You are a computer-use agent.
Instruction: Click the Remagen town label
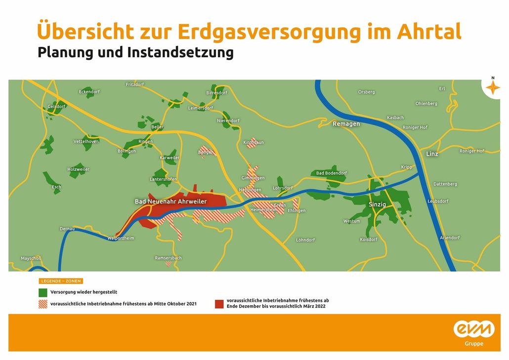pyautogui.click(x=346, y=124)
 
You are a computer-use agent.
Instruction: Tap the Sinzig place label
pyautogui.click(x=377, y=204)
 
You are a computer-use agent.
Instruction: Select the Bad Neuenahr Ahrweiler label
pyautogui.click(x=170, y=201)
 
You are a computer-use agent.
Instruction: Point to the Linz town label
pyautogui.click(x=432, y=154)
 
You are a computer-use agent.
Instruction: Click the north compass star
pyautogui.click(x=492, y=88)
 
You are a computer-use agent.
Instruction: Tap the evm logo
pyautogui.click(x=473, y=329)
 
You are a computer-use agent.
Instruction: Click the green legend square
pyautogui.click(x=43, y=292)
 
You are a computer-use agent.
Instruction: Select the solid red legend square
pyautogui.click(x=219, y=304)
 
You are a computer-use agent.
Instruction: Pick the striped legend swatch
pyautogui.click(x=43, y=304)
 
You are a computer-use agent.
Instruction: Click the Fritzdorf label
pyautogui.click(x=135, y=84)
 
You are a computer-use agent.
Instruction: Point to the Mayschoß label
pyautogui.click(x=31, y=258)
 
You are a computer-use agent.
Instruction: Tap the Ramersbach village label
pyautogui.click(x=168, y=258)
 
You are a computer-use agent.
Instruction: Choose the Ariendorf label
pyautogui.click(x=450, y=238)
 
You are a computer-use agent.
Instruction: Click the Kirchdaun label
pyautogui.click(x=254, y=142)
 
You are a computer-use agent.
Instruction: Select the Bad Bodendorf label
pyautogui.click(x=331, y=173)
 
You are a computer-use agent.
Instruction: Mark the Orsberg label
pyautogui.click(x=366, y=92)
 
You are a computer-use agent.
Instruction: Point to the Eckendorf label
pyautogui.click(x=89, y=91)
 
